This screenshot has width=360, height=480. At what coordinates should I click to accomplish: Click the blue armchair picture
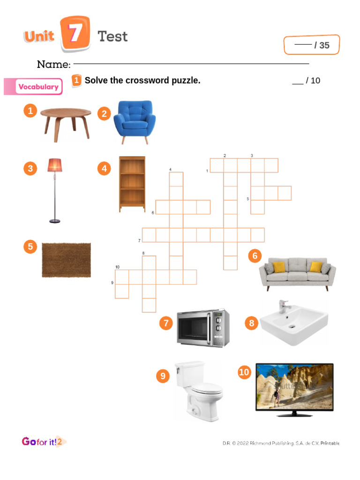coord(134,120)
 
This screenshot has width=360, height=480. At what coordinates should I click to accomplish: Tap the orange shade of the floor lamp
coord(54,165)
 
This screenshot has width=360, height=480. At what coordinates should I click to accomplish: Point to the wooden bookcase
coord(132,184)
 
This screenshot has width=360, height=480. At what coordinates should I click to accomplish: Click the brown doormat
coord(67,259)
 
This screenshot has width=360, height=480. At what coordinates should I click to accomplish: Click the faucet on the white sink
coord(283,307)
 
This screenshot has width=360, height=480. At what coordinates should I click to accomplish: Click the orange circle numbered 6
coord(255,256)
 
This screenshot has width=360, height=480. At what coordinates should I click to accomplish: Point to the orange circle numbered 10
coord(244,372)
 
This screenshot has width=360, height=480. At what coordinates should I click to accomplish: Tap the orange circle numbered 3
coord(30,169)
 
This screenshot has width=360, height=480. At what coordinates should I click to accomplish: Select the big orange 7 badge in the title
coord(75,34)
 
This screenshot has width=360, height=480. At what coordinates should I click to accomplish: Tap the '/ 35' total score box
coord(311,45)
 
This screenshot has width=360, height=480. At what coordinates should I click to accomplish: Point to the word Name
coord(53,64)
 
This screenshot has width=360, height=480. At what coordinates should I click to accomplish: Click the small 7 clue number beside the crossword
coord(139,240)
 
